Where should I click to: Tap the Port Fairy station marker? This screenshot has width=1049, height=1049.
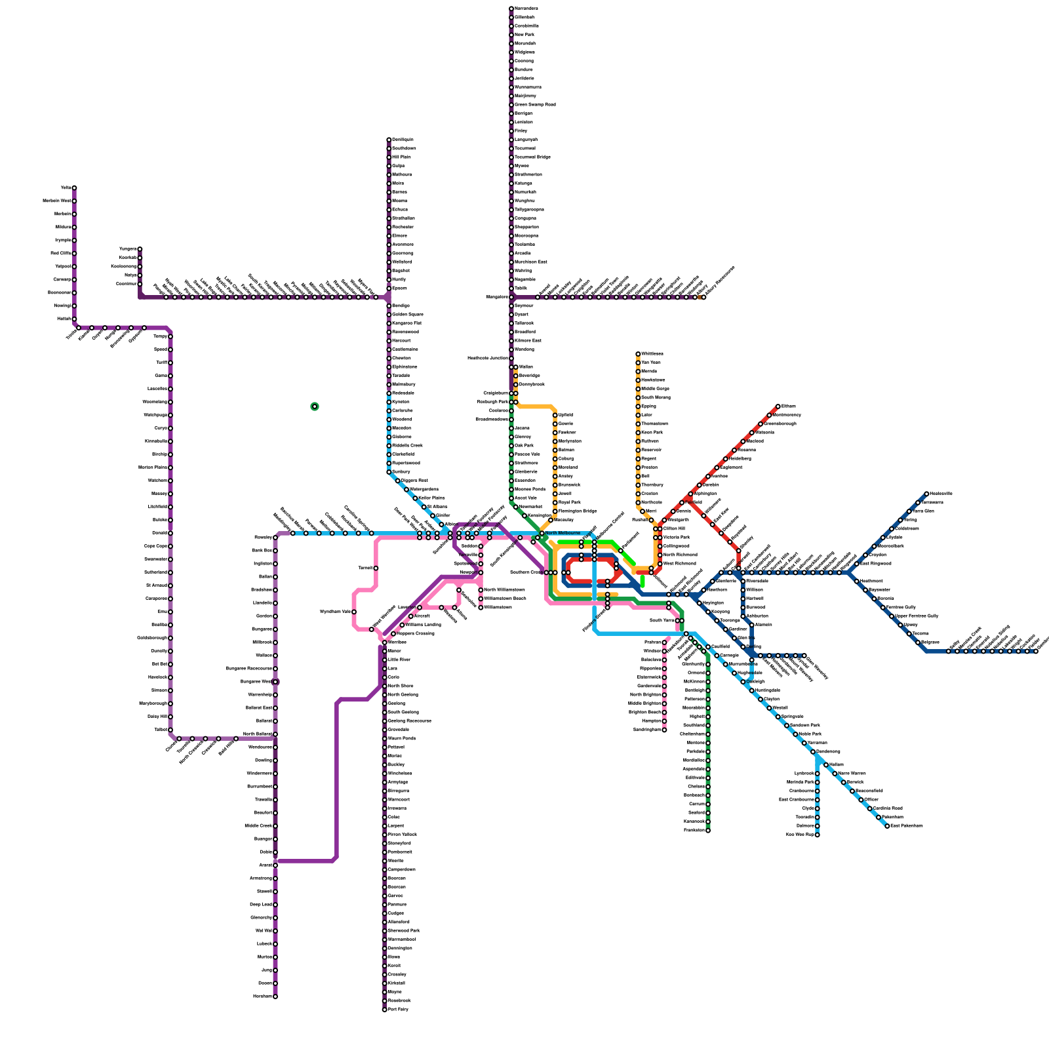pyautogui.click(x=385, y=1009)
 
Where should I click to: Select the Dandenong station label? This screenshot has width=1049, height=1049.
pyautogui.click(x=828, y=751)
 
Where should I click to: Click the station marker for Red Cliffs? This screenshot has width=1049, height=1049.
pyautogui.click(x=74, y=253)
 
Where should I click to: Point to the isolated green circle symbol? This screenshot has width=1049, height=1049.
pyautogui.click(x=315, y=406)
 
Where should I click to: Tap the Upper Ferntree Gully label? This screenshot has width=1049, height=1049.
pyautogui.click(x=917, y=616)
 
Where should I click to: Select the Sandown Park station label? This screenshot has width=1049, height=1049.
pyautogui.click(x=805, y=725)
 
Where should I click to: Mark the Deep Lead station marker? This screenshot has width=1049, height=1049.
pyautogui.click(x=275, y=904)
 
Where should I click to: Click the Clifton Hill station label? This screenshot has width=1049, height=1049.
pyautogui.click(x=674, y=528)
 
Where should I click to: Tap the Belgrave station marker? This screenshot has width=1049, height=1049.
pyautogui.click(x=918, y=642)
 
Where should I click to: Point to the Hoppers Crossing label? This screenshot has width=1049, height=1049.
pyautogui.click(x=416, y=633)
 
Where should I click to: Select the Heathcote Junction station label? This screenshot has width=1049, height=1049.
pyautogui.click(x=488, y=358)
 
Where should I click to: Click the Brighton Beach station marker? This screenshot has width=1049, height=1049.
pyautogui.click(x=664, y=712)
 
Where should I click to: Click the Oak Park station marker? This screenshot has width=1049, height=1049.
pyautogui.click(x=511, y=445)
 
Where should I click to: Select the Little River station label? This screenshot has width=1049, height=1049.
pyautogui.click(x=399, y=660)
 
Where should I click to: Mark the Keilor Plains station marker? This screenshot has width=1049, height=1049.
pyautogui.click(x=415, y=498)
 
